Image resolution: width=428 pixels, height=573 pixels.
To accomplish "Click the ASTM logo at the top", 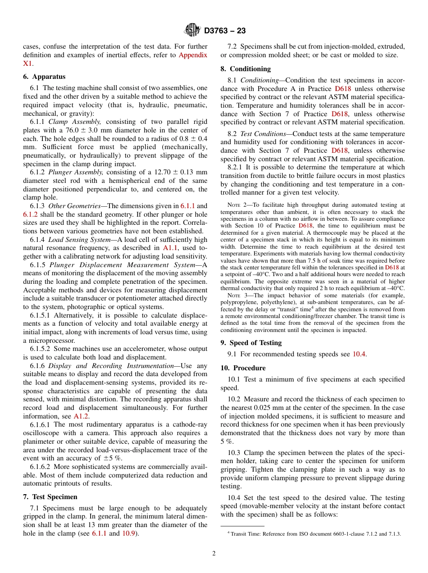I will point(193,31).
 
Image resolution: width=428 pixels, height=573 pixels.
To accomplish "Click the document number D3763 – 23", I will point(225,31).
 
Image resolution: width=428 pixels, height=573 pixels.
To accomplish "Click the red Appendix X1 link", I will point(193,55).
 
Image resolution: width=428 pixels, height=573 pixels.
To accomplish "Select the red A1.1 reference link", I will point(169,248).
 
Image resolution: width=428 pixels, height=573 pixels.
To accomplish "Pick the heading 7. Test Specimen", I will point(50,497).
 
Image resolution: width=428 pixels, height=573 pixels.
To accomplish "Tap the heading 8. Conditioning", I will point(246,69).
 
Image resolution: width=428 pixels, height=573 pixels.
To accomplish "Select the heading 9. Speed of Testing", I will point(251,342).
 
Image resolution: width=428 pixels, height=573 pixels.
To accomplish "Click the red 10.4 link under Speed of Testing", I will point(359,354).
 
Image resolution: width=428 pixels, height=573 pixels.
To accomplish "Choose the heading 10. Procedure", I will point(243,368).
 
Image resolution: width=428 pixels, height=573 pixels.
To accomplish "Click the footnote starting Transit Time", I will point(315,534).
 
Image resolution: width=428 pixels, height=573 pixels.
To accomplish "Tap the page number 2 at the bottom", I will point(214,554).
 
